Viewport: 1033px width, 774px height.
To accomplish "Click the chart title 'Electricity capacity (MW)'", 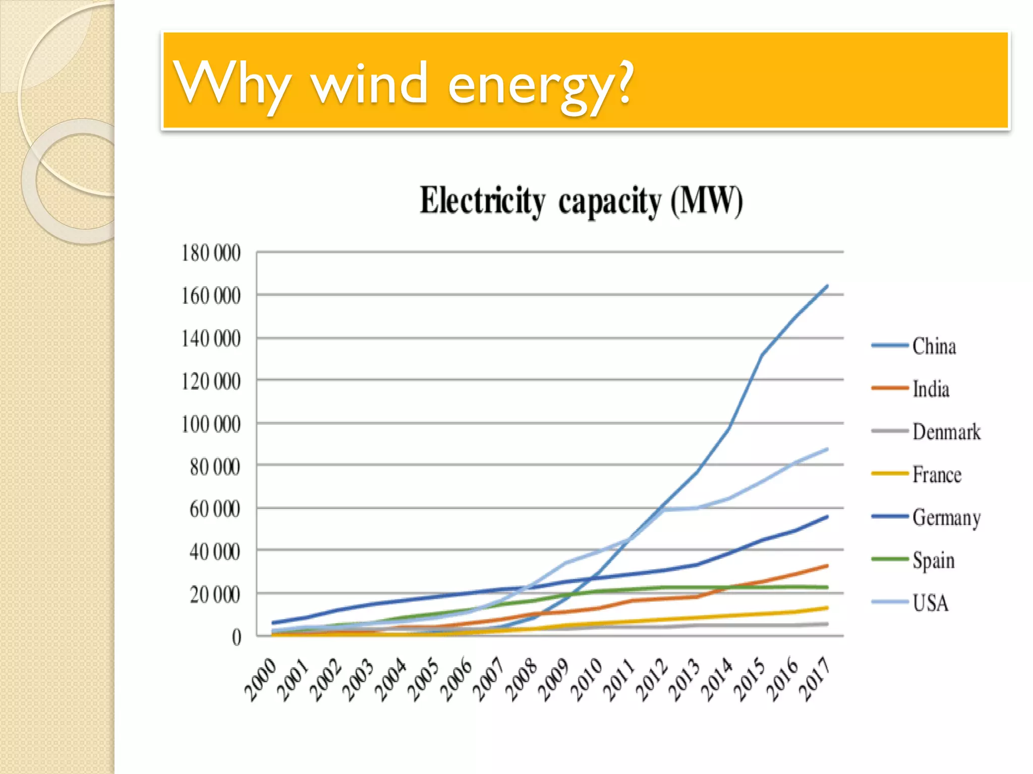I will (x=581, y=201).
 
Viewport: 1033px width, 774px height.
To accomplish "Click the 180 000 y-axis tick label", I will (x=211, y=253).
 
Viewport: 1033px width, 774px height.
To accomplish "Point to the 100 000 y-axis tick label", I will (x=211, y=424).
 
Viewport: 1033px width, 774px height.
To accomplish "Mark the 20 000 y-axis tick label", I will (x=215, y=595).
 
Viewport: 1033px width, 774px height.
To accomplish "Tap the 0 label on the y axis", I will (x=237, y=638).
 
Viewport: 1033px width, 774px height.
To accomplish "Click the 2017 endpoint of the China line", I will (x=827, y=286).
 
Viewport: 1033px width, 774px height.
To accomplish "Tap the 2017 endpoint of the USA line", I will (x=827, y=448).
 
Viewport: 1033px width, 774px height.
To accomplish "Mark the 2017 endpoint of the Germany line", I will (x=827, y=517).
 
